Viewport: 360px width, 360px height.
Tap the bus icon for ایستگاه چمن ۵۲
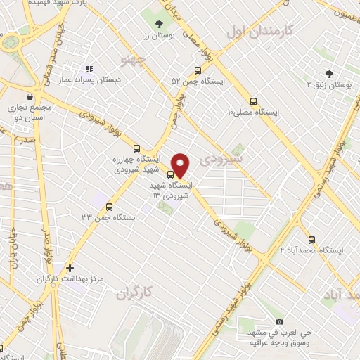click(198, 70)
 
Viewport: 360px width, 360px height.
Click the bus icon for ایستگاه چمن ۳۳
click(108, 207)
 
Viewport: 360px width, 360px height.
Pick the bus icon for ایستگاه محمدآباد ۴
click(311, 239)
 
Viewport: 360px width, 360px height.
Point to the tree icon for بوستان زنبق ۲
click(329, 74)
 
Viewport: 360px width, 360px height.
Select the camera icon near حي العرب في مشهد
click(279, 321)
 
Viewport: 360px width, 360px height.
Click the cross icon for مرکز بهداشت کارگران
click(70, 268)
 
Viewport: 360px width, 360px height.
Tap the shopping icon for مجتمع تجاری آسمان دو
click(30, 96)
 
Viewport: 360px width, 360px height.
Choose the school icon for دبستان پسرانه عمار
click(89, 69)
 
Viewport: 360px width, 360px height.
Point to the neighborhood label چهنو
click(132, 58)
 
